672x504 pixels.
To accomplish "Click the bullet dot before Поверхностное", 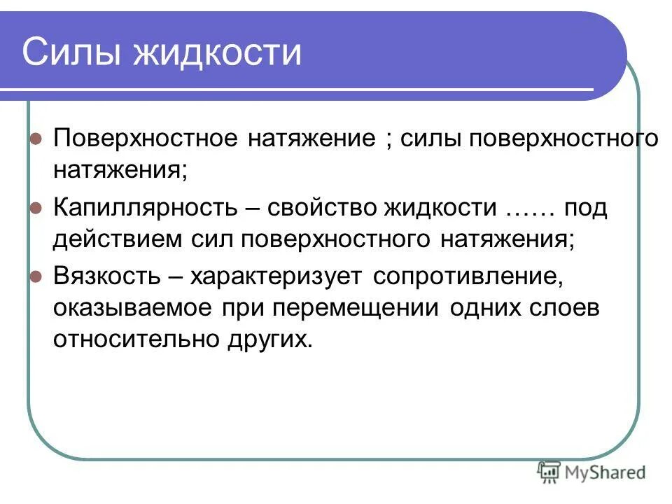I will [x=36, y=138].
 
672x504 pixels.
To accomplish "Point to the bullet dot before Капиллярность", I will [x=36, y=209].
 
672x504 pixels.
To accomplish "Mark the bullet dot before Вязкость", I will [x=36, y=276].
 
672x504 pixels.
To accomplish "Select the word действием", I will [x=115, y=239].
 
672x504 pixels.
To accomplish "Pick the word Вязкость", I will [x=104, y=276].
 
